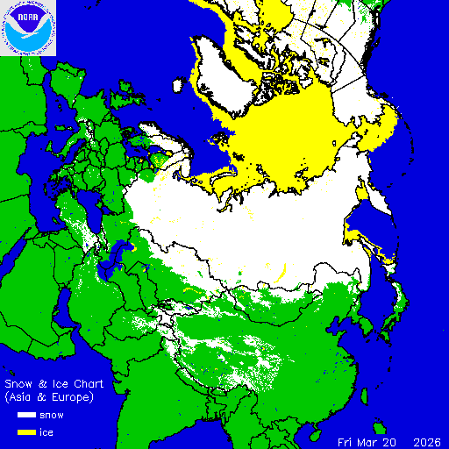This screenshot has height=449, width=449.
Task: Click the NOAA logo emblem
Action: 28,28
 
